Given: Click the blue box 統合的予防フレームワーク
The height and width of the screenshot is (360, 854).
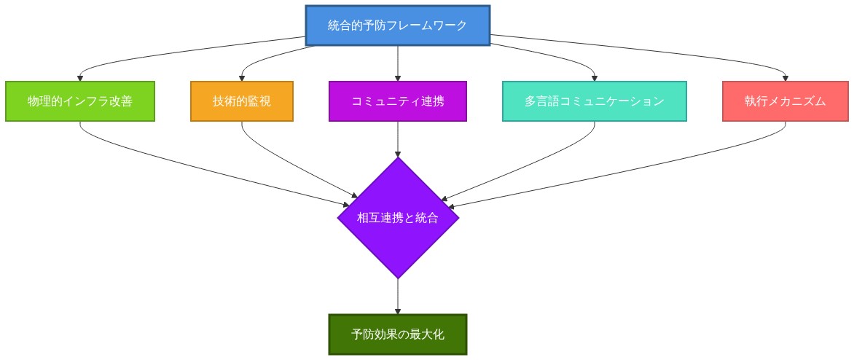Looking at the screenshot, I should coord(397,26).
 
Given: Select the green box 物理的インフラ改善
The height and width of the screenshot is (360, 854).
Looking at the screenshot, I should coord(80,101).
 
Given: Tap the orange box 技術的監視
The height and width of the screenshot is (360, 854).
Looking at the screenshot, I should coord(242,101).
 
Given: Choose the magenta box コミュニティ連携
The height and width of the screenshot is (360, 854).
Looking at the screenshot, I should coord(398,101).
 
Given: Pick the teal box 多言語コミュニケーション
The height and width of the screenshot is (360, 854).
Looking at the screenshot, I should coord(595,101).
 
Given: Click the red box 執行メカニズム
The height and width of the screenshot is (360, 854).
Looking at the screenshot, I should coord(786,101).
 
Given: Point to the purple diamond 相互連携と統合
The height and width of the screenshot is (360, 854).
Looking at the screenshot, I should coord(398,217).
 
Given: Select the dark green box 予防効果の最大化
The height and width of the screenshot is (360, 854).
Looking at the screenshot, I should coord(398,334).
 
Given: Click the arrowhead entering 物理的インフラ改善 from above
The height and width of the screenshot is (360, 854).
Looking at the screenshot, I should coord(80,78).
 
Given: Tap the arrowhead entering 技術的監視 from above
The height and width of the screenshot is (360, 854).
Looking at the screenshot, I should coord(242,78).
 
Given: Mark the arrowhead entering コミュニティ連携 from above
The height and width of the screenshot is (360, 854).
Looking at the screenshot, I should coord(398,78).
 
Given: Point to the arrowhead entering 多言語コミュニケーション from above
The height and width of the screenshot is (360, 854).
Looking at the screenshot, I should coord(595,78).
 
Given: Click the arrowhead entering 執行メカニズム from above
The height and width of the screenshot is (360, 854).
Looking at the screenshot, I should coord(786,78).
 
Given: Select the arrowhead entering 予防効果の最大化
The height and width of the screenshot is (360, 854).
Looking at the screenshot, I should coord(398,311).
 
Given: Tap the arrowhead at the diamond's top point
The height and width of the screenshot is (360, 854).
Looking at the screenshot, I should coord(398,154).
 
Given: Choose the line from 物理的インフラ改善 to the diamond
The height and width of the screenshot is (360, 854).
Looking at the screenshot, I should coord(204,167).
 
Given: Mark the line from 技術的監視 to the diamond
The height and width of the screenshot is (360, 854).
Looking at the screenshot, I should coord(291,166).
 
